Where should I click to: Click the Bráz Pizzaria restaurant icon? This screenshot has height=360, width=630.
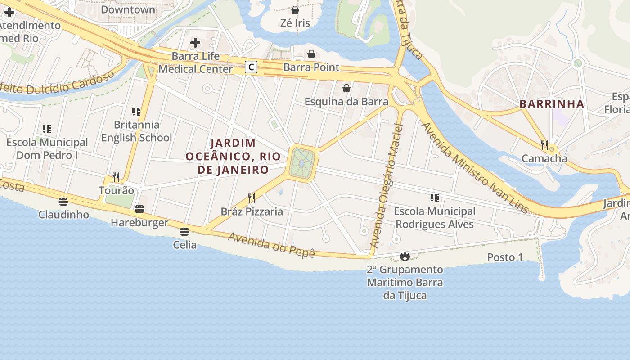252,198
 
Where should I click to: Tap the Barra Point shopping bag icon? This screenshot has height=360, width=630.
311,54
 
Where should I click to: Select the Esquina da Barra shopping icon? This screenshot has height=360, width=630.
346,88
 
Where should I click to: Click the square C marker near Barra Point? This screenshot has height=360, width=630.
251,67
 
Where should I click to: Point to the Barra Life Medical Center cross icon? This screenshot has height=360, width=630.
195,43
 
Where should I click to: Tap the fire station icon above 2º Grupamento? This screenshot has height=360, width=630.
405,256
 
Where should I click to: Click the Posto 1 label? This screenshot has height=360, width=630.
505,257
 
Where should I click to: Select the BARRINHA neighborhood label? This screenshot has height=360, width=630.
552,104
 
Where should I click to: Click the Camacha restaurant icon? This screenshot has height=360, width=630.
544,145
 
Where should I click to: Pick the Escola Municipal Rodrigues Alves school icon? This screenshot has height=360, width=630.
434,198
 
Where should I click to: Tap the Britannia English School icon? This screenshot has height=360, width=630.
136,111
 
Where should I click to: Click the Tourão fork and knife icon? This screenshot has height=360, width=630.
116,177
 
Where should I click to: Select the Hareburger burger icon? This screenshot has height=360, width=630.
139,209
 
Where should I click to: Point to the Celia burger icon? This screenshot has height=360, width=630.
184,232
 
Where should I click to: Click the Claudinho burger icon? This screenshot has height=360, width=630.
63,201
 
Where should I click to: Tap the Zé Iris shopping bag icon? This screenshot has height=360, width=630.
295,9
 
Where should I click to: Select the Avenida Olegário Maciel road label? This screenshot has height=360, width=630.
386,184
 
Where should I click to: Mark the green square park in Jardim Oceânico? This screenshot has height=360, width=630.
302,162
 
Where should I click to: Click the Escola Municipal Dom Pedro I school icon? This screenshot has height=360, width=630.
47,129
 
